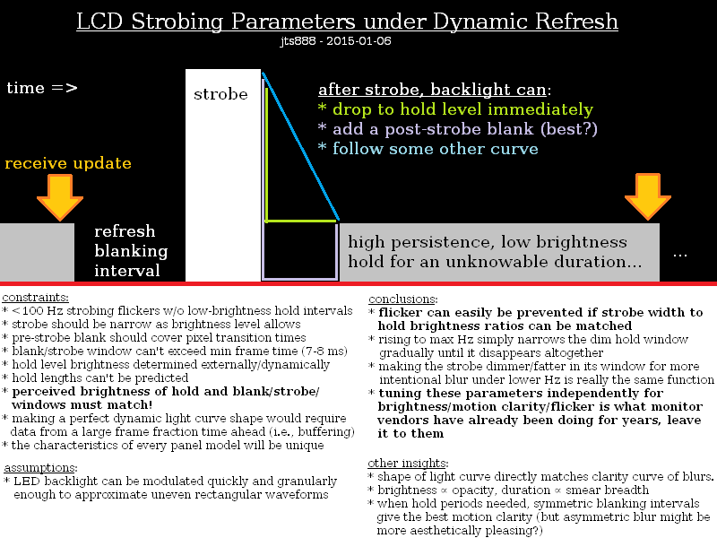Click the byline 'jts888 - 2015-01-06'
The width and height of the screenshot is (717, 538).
click(x=335, y=40)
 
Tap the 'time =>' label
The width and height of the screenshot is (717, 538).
click(x=41, y=88)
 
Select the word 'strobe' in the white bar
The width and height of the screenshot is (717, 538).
click(x=220, y=94)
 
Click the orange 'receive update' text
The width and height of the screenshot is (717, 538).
click(x=68, y=163)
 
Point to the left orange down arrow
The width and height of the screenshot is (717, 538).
click(x=60, y=197)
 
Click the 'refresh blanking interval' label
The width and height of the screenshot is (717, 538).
click(x=131, y=251)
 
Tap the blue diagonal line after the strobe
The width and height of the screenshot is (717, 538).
click(x=301, y=148)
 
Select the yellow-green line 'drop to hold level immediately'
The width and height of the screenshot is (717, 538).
click(x=455, y=109)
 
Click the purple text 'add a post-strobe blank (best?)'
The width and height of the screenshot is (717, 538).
click(x=458, y=129)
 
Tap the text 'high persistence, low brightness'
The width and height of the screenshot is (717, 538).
click(x=488, y=242)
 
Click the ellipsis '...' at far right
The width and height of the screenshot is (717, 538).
click(x=679, y=254)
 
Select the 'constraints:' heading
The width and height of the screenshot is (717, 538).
click(x=36, y=297)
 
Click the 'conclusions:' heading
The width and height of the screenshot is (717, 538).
click(x=402, y=299)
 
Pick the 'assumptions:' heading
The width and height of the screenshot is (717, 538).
click(x=40, y=467)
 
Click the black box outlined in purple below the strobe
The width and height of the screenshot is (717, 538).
click(x=299, y=250)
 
